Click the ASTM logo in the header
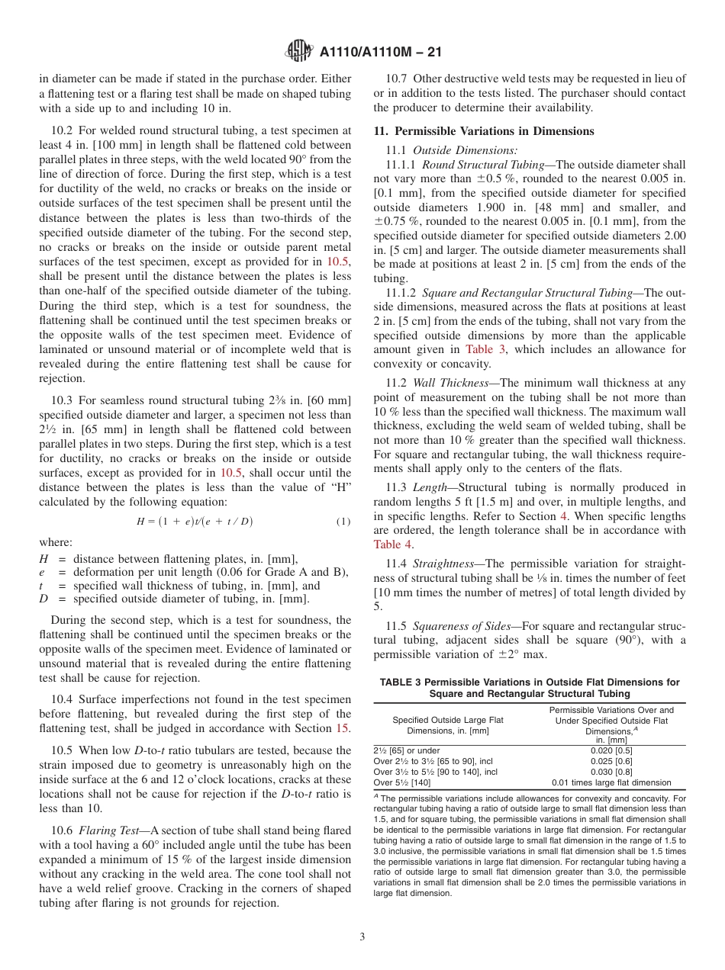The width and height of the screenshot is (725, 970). click(x=299, y=52)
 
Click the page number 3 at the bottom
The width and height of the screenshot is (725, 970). click(x=362, y=936)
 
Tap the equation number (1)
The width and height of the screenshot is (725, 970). click(x=343, y=522)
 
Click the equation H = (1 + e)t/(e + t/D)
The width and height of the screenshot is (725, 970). click(x=195, y=522)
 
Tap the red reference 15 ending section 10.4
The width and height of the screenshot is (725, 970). click(x=344, y=727)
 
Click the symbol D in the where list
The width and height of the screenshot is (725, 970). click(x=44, y=599)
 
